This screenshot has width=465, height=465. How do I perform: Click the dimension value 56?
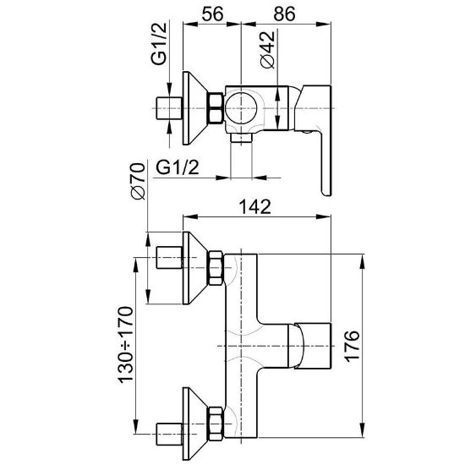coord(212,14)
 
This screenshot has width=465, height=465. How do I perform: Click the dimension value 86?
coord(285,14)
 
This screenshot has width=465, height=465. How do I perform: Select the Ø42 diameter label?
coord(267,50)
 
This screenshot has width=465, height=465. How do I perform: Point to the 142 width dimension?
coord(255,206)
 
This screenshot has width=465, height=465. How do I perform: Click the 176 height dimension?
coord(352,346)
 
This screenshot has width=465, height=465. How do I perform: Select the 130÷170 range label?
coord(125,345)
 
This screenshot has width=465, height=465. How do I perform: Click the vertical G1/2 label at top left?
coord(159,44)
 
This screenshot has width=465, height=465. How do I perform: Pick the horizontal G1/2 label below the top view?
coord(178,168)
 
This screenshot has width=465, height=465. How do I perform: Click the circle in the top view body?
coord(241,108)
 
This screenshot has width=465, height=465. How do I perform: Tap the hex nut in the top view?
coord(216,108)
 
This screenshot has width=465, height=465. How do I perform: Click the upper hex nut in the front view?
coord(216,268)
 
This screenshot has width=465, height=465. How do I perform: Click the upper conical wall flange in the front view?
coord(194,268)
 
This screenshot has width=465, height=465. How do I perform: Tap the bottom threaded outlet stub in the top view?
coord(241,137)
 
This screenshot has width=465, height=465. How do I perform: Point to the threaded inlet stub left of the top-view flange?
coord(169,108)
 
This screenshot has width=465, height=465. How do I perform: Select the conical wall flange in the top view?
coord(194,108)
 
